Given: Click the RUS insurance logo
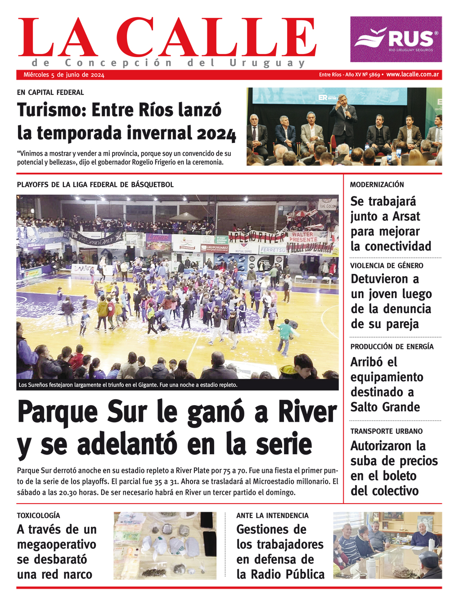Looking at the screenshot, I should [x=396, y=39].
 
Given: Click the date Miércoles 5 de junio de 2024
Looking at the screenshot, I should [x=64, y=75].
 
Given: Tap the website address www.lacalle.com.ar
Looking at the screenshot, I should [x=412, y=75].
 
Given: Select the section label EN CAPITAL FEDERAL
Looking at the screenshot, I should [x=50, y=93].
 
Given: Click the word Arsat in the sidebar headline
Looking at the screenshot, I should [x=406, y=216].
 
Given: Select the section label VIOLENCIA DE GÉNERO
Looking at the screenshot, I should [x=387, y=266].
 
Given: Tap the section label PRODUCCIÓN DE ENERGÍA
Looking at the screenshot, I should [x=392, y=347].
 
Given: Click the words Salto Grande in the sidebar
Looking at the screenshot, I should [x=385, y=407].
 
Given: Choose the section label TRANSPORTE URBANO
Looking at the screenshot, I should [x=387, y=431].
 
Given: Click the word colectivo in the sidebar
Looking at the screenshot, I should [x=394, y=491].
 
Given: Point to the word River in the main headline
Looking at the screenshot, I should [x=307, y=411].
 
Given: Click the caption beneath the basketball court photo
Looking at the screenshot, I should [x=128, y=385].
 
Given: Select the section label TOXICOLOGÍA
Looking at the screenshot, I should [x=38, y=516].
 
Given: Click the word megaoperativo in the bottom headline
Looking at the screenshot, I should [x=57, y=545].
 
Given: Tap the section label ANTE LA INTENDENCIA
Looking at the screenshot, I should [x=272, y=516].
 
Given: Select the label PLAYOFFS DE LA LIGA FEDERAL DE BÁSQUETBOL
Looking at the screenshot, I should [x=95, y=185].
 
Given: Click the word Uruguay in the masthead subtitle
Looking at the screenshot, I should [x=267, y=63].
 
